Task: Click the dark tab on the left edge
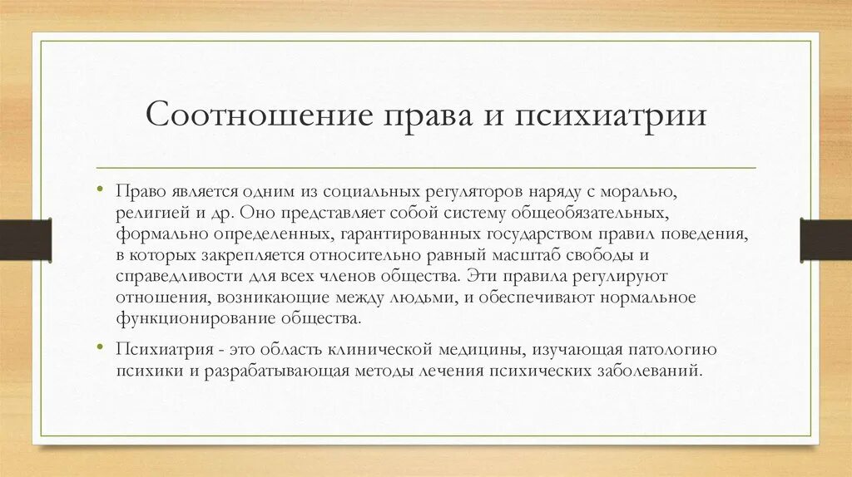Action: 25,239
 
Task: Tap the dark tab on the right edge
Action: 825,239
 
